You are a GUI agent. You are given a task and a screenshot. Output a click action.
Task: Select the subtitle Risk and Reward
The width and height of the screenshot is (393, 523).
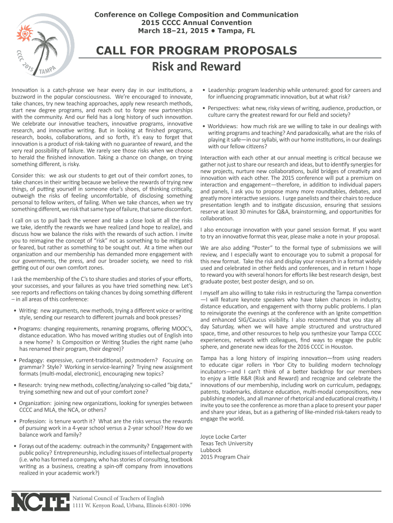pos(196,67)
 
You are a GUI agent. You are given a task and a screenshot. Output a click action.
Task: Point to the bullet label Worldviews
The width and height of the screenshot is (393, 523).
pos(224,126)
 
